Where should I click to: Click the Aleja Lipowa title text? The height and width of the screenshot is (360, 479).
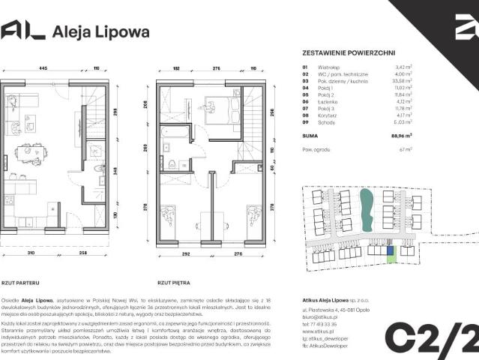tap(100, 32)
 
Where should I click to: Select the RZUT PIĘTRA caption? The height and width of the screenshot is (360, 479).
tap(172, 283)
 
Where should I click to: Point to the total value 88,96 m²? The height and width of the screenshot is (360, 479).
tap(403, 136)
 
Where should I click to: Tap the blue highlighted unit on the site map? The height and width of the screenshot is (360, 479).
tap(389, 250)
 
